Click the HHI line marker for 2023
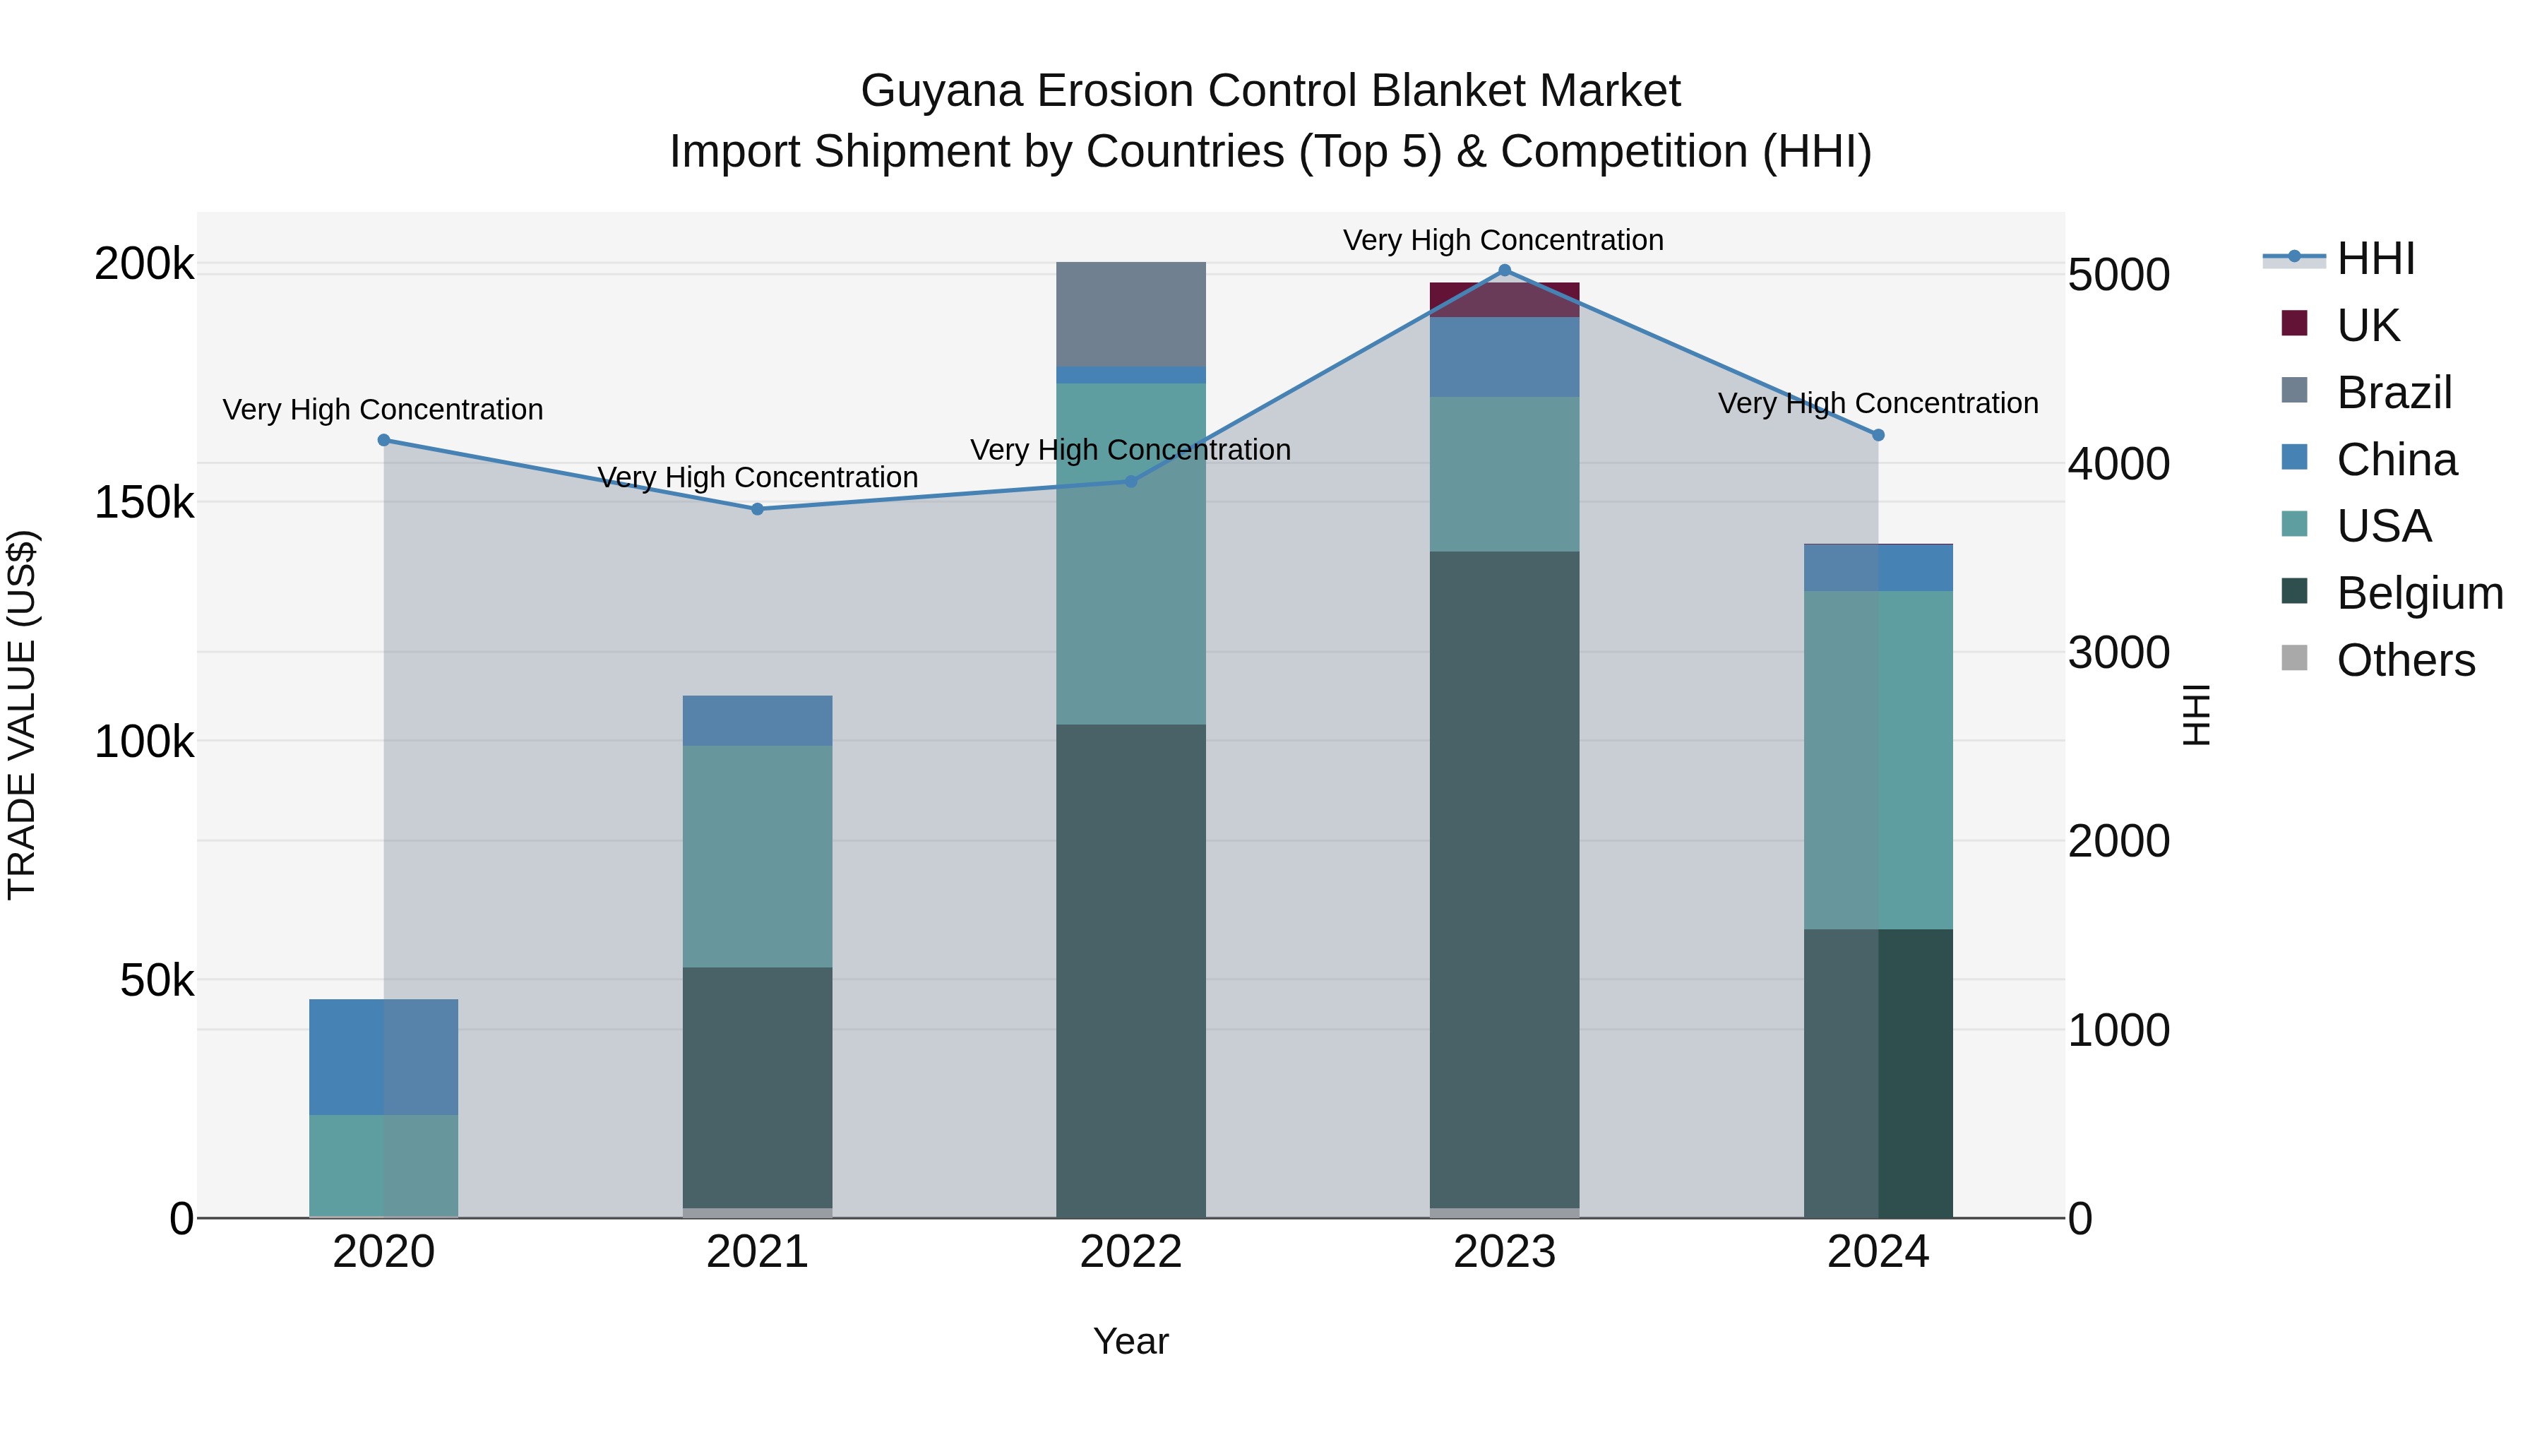click(x=1504, y=270)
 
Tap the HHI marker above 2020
click(x=384, y=440)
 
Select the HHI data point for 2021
click(x=757, y=509)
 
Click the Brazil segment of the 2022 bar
click(x=1131, y=314)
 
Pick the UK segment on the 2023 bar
click(x=1504, y=300)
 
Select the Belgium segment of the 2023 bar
click(x=1504, y=878)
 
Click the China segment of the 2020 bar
click(x=384, y=1057)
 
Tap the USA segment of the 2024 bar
click(x=1878, y=760)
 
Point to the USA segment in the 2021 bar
click(x=757, y=856)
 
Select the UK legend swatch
click(x=2294, y=323)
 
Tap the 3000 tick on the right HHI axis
click(x=2118, y=653)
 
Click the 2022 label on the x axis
click(x=1131, y=1252)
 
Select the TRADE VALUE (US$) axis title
click(x=22, y=715)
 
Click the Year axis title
click(x=1131, y=1341)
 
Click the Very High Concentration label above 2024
click(x=1877, y=404)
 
